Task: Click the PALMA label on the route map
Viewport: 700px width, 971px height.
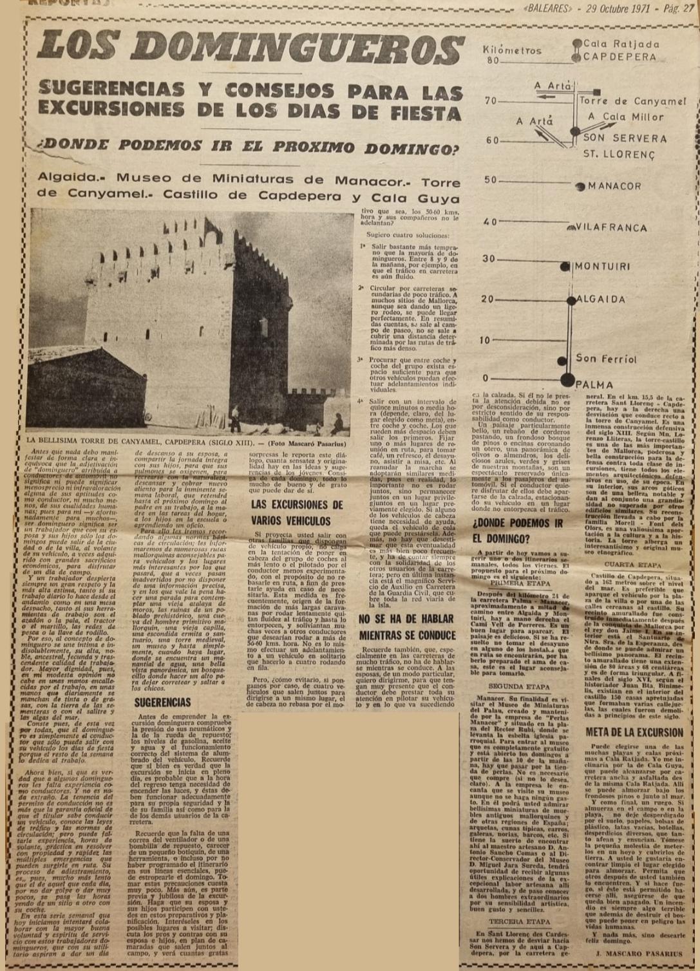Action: (594, 385)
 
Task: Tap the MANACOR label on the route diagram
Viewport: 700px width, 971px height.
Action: (614, 186)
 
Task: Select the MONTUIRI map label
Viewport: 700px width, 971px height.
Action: (602, 266)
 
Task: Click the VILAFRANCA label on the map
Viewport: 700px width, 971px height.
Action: (610, 227)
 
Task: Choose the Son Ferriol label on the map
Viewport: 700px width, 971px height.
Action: (606, 359)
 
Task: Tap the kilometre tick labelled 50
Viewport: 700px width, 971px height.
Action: (491, 180)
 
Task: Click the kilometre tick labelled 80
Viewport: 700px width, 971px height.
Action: (493, 61)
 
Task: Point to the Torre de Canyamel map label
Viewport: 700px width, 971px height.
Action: (632, 100)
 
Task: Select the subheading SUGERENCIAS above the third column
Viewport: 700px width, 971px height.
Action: (162, 702)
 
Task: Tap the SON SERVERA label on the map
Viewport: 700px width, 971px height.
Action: (625, 138)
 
